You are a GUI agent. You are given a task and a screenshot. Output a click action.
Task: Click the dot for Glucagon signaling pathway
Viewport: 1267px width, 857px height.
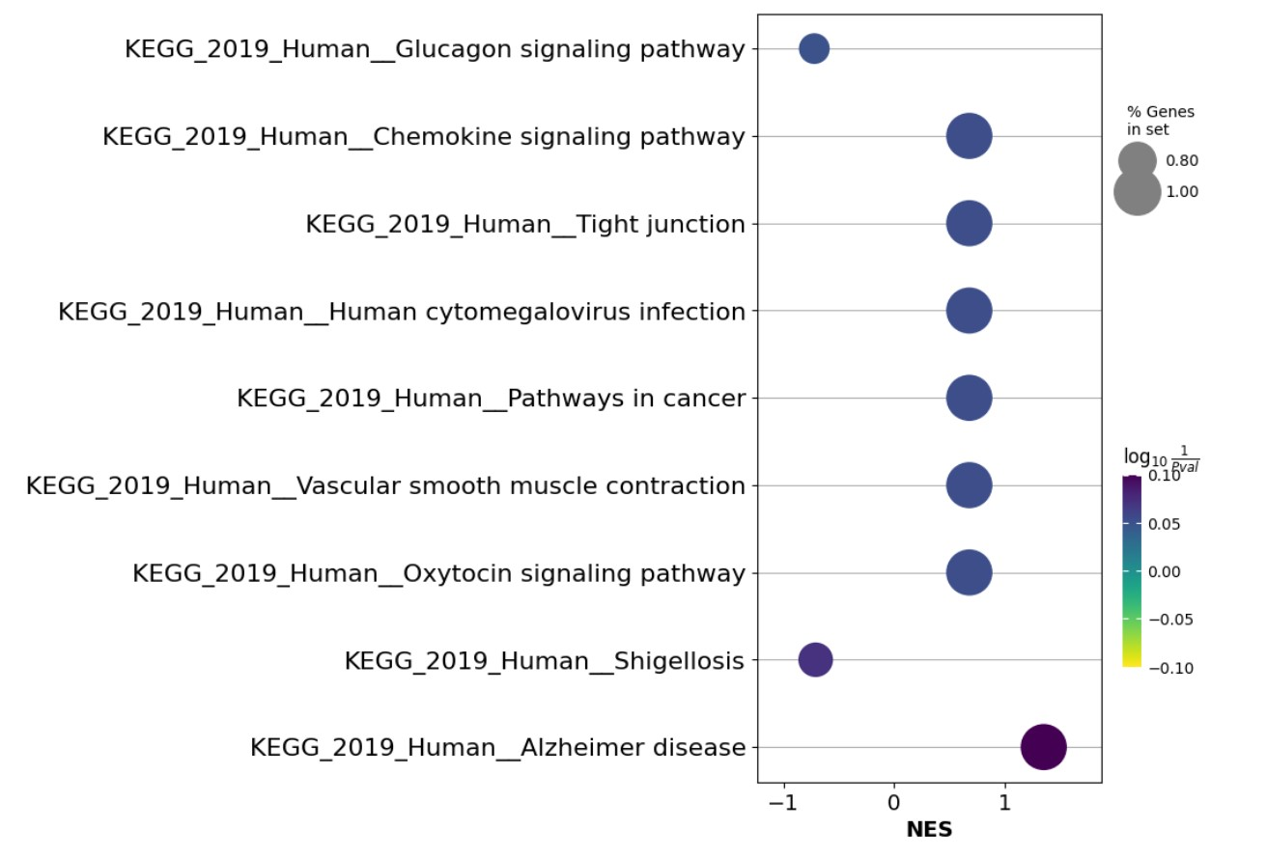tap(814, 48)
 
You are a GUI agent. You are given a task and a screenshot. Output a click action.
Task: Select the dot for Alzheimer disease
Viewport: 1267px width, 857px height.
tap(1043, 747)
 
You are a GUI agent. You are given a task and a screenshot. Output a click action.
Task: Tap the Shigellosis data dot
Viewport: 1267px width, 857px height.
tap(815, 660)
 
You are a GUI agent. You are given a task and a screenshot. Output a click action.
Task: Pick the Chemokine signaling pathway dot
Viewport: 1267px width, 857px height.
tap(969, 136)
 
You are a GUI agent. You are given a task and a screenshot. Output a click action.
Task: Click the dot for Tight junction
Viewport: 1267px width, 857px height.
tap(969, 224)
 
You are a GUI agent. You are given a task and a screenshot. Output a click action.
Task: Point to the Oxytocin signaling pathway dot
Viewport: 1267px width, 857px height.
tap(969, 573)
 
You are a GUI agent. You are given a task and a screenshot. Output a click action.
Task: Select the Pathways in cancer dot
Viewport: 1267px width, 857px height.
tap(969, 398)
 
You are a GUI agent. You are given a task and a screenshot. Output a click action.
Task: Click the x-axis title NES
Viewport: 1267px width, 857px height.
tap(929, 830)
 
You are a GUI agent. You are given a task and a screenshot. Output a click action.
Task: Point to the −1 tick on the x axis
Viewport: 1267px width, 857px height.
tap(783, 802)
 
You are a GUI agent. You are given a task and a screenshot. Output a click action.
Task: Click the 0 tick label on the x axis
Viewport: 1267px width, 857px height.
tap(894, 802)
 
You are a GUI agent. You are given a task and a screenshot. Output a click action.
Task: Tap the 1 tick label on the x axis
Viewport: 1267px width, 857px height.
tap(1004, 802)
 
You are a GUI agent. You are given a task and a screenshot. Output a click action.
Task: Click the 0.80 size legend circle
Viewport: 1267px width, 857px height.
tap(1137, 161)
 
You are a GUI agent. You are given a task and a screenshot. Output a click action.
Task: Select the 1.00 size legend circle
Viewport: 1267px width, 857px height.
tap(1137, 192)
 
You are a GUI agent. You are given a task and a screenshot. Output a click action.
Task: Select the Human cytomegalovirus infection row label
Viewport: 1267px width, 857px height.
tap(402, 312)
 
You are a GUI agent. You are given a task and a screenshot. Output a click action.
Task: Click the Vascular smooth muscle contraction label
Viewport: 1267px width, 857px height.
tap(385, 486)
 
